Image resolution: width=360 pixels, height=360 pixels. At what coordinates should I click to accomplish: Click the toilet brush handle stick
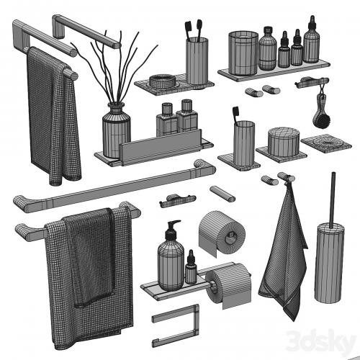coord(333,200)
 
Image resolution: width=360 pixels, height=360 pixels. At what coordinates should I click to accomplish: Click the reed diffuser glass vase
coord(117,131)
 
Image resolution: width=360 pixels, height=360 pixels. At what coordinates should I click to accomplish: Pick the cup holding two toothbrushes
coord(197,60)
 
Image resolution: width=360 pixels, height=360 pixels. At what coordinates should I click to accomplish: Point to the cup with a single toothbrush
coord(244,143)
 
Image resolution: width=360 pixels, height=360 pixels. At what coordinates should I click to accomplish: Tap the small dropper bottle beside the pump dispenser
coord(191,268)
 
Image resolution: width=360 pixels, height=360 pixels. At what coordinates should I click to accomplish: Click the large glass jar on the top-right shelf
coord(243,53)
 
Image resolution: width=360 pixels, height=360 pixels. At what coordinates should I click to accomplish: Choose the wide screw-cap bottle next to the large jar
coord(267,48)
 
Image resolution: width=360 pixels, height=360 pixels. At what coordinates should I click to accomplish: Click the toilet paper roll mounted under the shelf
coord(228,284)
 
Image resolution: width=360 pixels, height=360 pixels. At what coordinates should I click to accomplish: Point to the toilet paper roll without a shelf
coord(221,233)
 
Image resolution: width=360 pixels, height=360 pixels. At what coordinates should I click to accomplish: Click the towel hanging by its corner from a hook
coord(283,254)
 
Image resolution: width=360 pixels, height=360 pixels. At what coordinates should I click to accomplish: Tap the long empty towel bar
coord(114,186)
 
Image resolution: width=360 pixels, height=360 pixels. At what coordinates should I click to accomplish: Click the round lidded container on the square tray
coord(284,142)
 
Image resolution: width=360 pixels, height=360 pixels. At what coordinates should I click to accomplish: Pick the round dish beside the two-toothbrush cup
coord(162,81)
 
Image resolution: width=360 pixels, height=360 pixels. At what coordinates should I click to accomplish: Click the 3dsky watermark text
coord(321,342)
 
